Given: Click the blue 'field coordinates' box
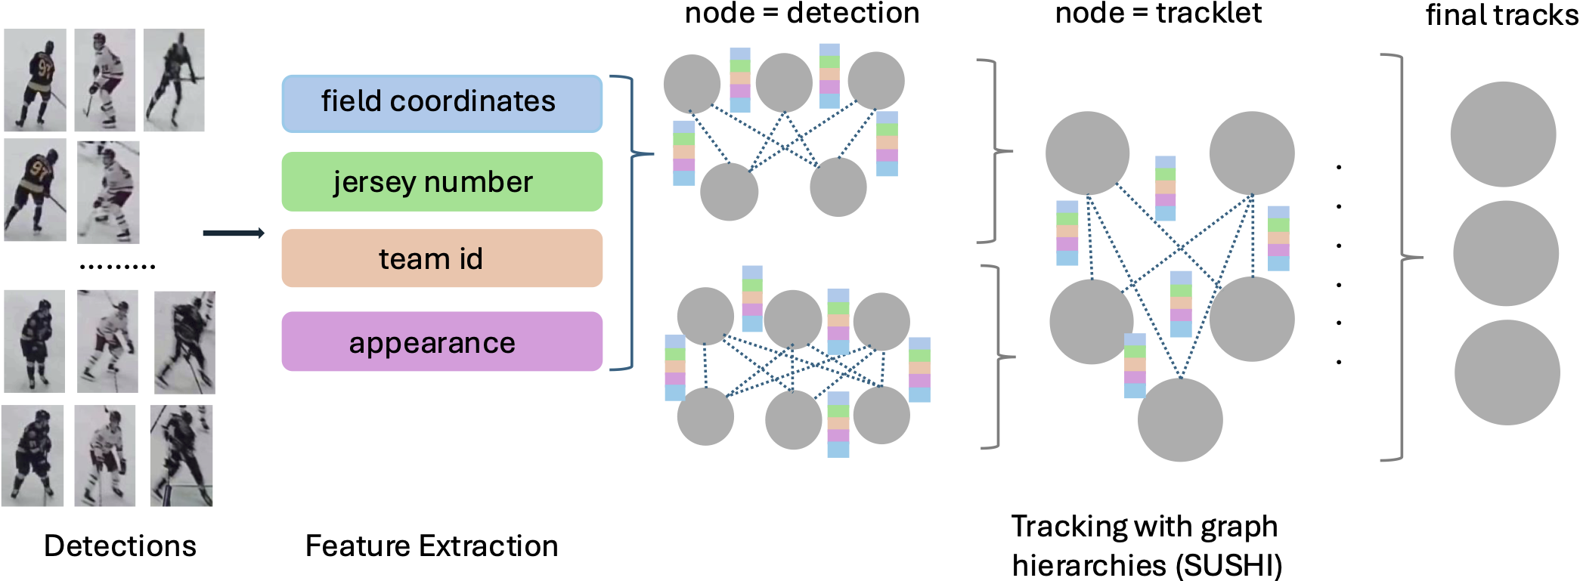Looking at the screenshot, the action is (442, 104).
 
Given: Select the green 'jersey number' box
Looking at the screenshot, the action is (442, 181).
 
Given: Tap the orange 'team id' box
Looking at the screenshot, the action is (442, 258).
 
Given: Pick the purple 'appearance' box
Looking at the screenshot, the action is (442, 341).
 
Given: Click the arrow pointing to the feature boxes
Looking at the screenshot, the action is (234, 233).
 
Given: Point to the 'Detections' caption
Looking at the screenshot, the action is (120, 545).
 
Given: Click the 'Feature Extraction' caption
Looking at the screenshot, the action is (432, 545).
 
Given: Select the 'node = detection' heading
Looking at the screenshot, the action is (802, 13).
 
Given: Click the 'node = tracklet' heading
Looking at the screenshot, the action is (1158, 13).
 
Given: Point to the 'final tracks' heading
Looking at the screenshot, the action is (1502, 14).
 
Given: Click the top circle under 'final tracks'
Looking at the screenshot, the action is (1503, 134).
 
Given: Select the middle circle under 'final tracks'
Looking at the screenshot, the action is (1505, 253).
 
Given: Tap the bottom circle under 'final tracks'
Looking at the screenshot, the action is (1507, 372).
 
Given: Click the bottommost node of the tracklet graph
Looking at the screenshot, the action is (1180, 419).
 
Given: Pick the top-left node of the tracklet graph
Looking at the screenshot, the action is (1087, 153).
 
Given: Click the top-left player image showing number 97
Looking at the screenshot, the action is (35, 80).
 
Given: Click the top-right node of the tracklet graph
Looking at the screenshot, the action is (1252, 153).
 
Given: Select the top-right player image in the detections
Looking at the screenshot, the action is (174, 80).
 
